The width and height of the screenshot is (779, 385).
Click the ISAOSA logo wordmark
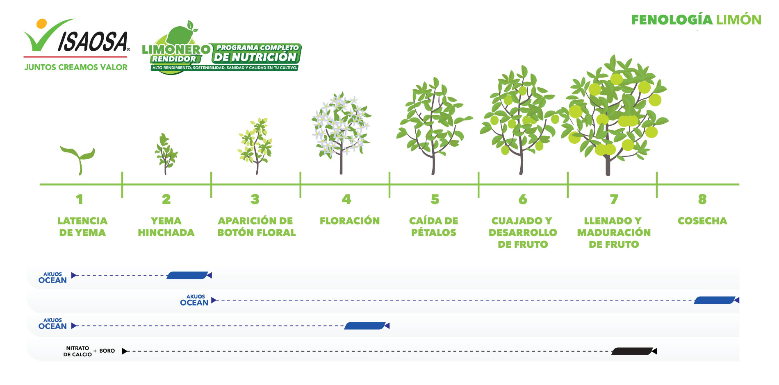(93, 42)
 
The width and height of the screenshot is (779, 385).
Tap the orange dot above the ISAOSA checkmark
(41, 23)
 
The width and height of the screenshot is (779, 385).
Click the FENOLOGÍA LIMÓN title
(696, 20)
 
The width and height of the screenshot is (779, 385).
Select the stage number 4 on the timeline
(346, 199)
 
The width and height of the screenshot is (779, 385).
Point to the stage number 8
(702, 199)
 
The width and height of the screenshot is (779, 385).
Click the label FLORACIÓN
(350, 221)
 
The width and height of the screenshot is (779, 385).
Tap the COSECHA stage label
(702, 221)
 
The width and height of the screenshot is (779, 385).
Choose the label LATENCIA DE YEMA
(82, 226)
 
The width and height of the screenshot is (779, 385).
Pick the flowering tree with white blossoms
(341, 132)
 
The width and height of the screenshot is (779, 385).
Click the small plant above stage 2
(166, 154)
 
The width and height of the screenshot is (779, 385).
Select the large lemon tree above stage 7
(615, 115)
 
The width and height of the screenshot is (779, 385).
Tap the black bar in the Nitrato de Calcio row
(632, 351)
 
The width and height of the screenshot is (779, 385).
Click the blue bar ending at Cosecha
(714, 300)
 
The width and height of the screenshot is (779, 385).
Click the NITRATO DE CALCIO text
(77, 351)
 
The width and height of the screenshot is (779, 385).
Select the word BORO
(107, 351)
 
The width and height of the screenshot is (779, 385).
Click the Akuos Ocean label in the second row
(194, 300)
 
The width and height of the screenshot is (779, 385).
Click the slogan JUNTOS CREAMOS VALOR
(76, 67)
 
